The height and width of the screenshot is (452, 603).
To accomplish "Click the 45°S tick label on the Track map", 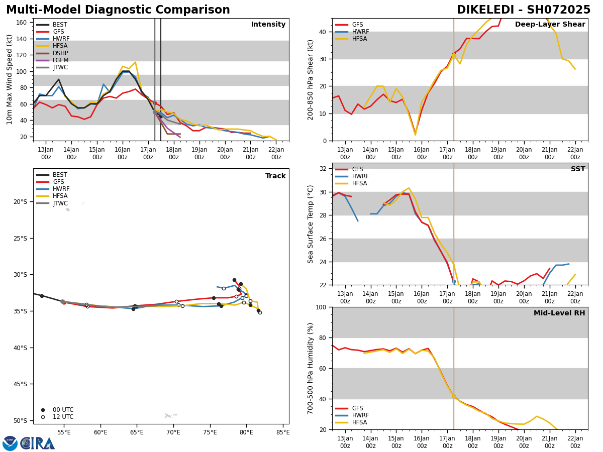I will (x=20, y=384).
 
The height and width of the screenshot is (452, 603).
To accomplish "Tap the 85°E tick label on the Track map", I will (x=283, y=432).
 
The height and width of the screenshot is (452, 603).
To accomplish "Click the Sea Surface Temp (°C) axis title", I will (x=311, y=224).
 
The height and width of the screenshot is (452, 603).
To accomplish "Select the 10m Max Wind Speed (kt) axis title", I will (x=10, y=79).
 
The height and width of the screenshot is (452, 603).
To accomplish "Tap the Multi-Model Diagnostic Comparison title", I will (x=118, y=10).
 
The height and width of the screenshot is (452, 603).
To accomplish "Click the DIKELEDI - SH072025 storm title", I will (x=523, y=10).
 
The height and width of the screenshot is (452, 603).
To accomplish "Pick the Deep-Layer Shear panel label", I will (x=550, y=25).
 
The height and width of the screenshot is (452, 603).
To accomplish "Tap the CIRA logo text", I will (x=38, y=443).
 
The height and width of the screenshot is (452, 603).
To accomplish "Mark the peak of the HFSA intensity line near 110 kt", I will (x=135, y=62).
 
